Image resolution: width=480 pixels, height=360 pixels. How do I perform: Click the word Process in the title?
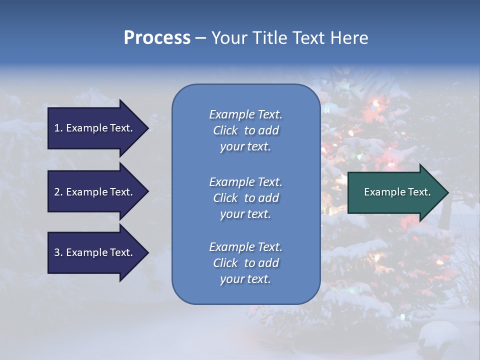pos(157,38)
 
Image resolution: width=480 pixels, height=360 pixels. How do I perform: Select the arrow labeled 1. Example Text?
pos(95,128)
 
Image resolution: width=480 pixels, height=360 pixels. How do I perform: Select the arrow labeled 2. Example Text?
pos(95,192)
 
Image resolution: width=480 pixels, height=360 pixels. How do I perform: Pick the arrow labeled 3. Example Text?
pos(95,252)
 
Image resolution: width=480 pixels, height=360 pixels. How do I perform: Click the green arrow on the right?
pos(395,192)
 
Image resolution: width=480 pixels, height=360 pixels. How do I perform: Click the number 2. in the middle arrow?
pos(58,192)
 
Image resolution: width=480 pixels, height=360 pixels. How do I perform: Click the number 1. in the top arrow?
pos(58,128)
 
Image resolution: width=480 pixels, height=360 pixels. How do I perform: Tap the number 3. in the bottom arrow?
pos(58,252)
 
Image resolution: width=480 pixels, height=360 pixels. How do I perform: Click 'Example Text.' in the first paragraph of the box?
pos(245,114)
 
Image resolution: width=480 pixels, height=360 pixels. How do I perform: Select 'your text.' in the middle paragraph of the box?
pos(245,214)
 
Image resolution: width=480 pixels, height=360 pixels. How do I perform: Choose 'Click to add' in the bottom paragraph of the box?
pos(245,263)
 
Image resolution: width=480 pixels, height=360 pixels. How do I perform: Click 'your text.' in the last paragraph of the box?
pos(245,279)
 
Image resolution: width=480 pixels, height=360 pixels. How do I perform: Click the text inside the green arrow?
pos(397,192)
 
